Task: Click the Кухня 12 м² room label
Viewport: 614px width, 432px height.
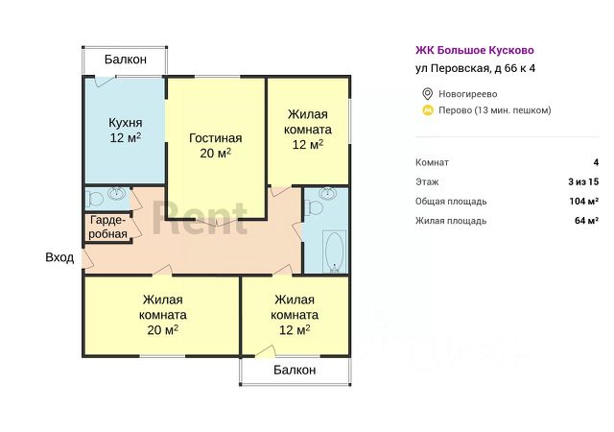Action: (126, 131)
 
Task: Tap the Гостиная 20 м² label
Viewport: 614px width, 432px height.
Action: (215, 144)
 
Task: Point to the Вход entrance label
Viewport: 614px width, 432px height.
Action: (59, 257)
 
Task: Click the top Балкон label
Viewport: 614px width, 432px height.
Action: (126, 60)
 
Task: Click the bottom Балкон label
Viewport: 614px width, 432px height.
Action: (295, 370)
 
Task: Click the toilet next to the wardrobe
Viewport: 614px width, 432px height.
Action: (94, 199)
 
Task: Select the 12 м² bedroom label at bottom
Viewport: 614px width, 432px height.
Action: (295, 314)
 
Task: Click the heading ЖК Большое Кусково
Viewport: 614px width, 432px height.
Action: (474, 50)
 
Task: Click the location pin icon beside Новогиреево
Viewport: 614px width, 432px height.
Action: (427, 93)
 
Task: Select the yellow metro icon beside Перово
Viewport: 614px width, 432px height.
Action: (427, 110)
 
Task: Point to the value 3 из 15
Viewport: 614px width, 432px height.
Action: (583, 181)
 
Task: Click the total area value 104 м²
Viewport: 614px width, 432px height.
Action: (583, 202)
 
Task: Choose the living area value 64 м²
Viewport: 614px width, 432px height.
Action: (586, 221)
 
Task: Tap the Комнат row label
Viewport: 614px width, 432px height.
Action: (432, 162)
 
